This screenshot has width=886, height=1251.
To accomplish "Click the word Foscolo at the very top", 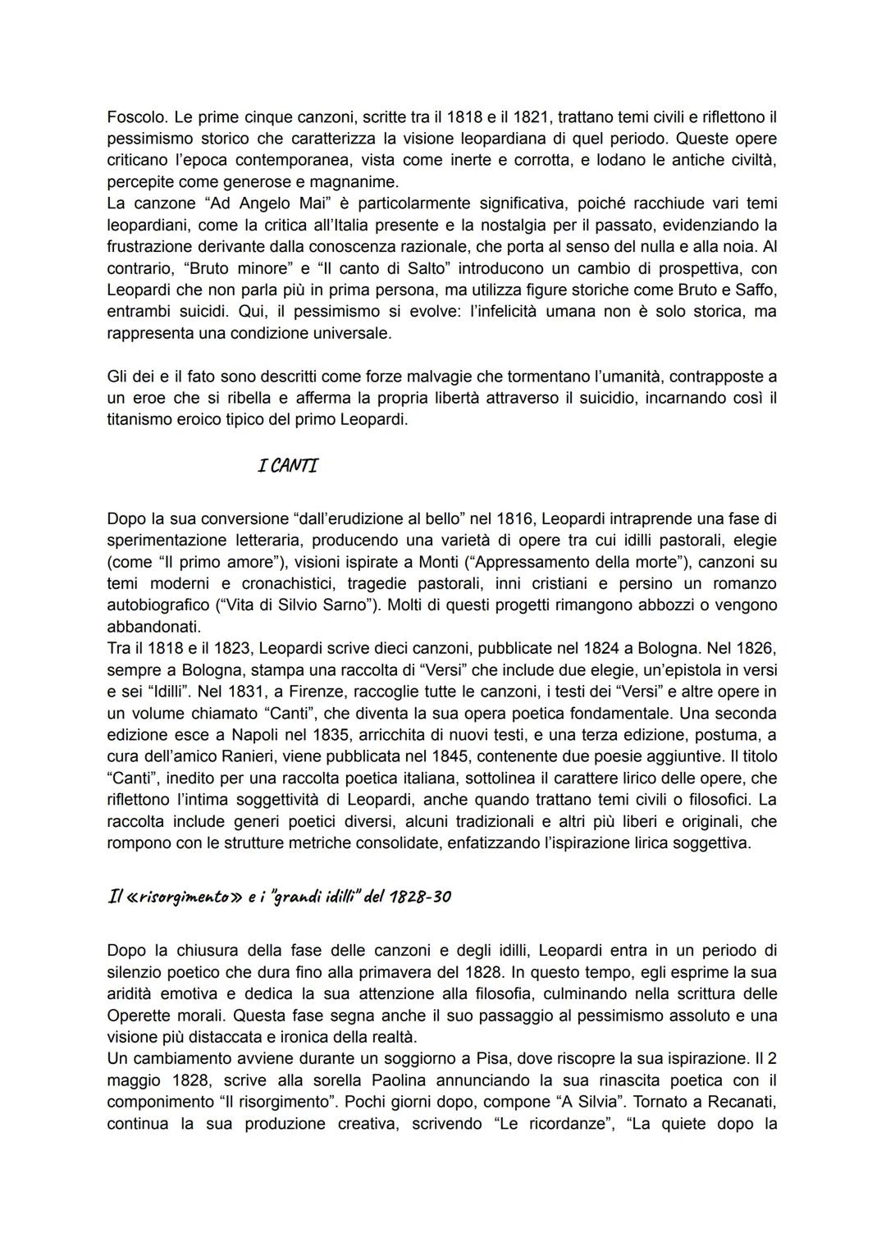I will [x=135, y=117].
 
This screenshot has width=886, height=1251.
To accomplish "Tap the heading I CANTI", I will [x=287, y=466].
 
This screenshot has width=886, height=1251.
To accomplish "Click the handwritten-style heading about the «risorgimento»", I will [x=279, y=896].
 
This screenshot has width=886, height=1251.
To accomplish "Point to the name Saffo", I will [x=756, y=290].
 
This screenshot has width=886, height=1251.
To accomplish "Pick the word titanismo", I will [x=144, y=420].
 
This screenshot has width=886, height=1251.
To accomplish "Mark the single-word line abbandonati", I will [x=153, y=627].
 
